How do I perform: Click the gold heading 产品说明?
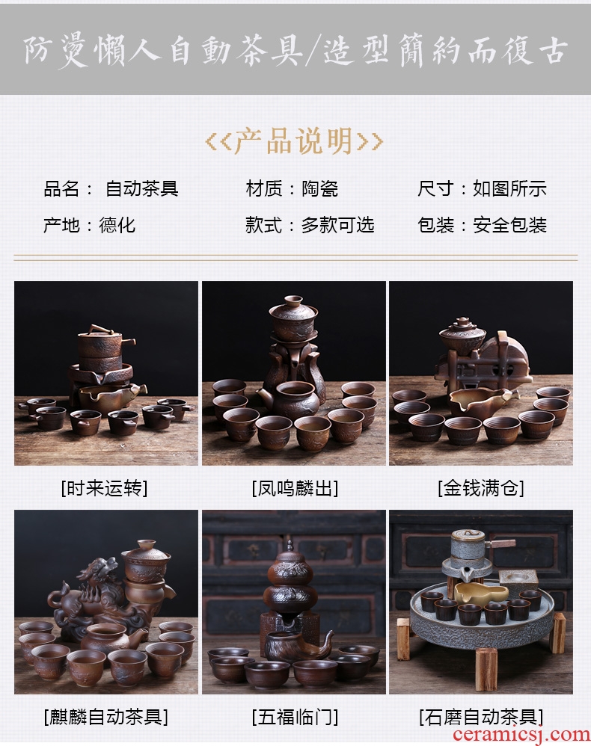[x=294, y=141]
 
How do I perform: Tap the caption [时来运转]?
[x=104, y=488]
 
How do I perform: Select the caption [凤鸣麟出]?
[x=295, y=488]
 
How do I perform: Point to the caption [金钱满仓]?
[x=481, y=488]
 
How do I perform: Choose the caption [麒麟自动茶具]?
[x=105, y=717]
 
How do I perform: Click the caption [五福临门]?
[x=295, y=717]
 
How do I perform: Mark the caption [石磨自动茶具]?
[x=481, y=717]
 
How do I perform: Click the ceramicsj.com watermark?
[x=521, y=735]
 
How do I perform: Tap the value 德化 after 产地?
[x=117, y=225]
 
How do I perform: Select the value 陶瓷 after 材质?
[x=319, y=189]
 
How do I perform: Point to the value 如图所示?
[x=509, y=189]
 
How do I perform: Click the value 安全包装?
[x=509, y=225]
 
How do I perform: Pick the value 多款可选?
[x=337, y=225]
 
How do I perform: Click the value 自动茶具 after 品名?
[x=142, y=189]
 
